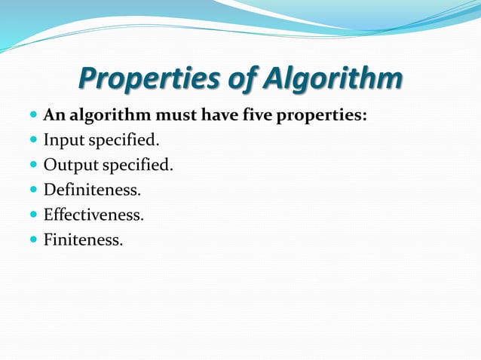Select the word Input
click(64, 140)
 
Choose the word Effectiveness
click(93, 215)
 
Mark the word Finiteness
click(82, 240)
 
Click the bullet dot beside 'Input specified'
click(32, 141)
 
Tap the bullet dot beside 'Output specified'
click(32, 166)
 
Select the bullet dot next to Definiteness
click(32, 191)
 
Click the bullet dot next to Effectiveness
click(32, 215)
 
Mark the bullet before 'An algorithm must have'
click(32, 117)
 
